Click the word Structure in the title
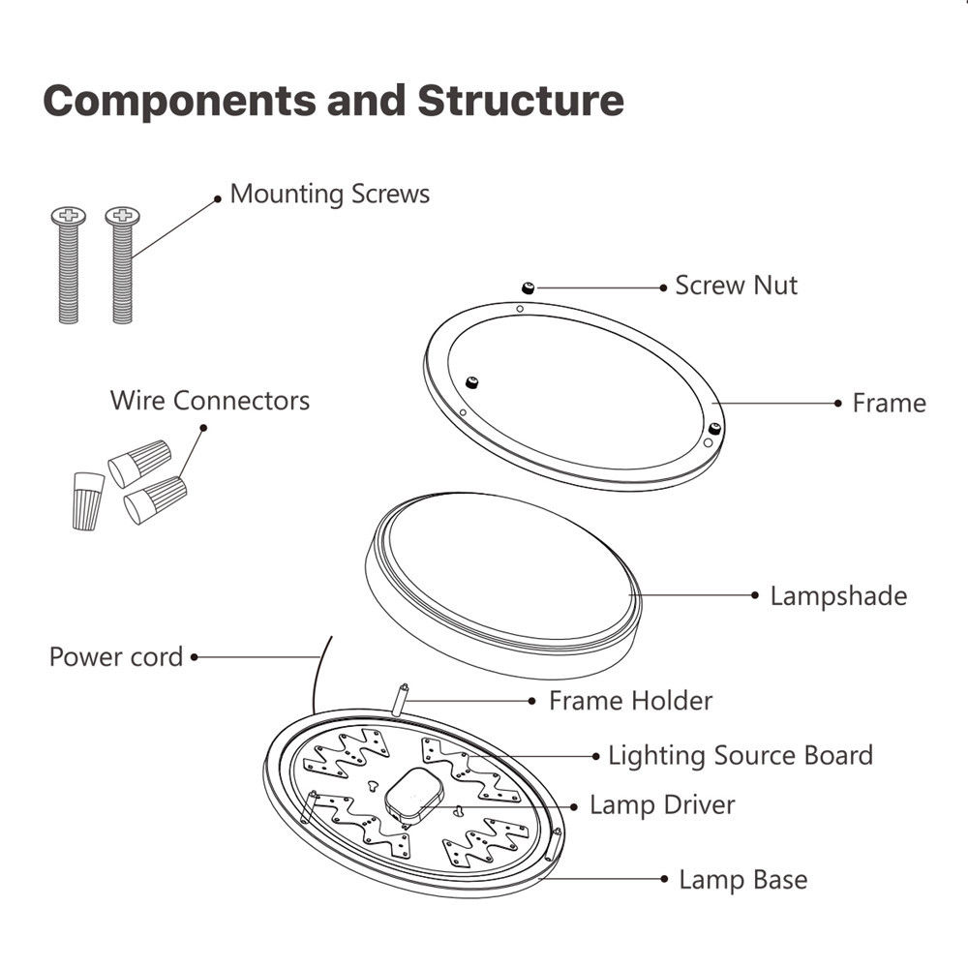point(520,102)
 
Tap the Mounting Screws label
point(329,194)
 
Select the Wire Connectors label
point(210,400)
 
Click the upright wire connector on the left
point(87,498)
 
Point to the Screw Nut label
point(736,286)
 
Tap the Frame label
point(889,403)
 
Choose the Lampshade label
point(838,595)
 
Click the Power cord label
point(116,656)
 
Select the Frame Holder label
point(630,700)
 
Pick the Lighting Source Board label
point(740,755)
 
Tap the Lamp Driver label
point(662,804)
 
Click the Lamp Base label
point(742,880)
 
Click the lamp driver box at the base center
point(413,794)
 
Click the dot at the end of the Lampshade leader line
point(755,595)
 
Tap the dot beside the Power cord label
point(195,656)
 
